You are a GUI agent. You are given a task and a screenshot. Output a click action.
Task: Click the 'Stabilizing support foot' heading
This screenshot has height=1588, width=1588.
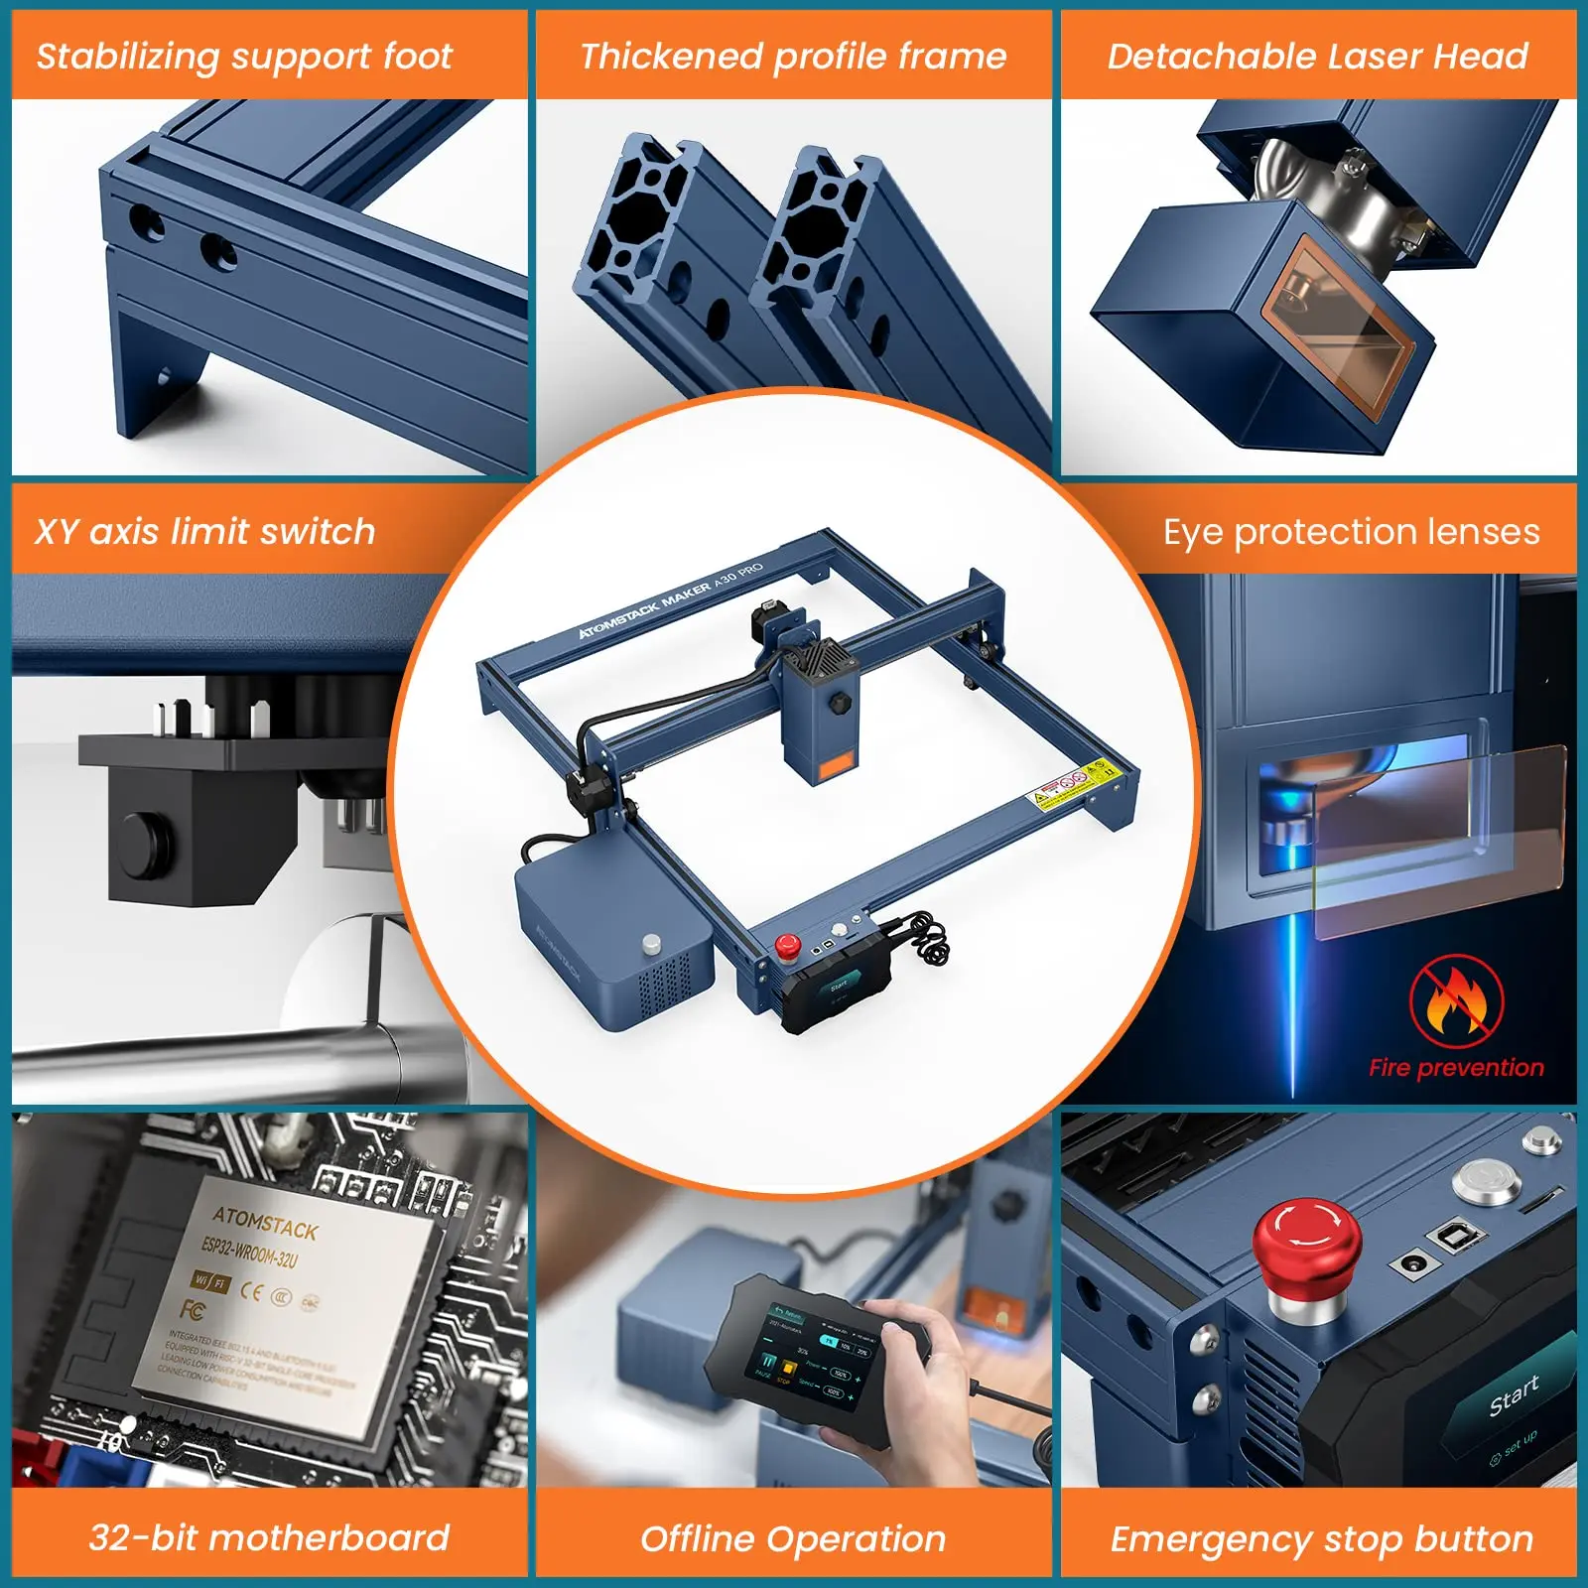click(244, 57)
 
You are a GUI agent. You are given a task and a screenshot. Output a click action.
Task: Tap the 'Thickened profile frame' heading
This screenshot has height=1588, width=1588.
click(793, 57)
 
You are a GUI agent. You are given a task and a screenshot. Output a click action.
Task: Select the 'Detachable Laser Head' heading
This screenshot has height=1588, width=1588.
click(1318, 57)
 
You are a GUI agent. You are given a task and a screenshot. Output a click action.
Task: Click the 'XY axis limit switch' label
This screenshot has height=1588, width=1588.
click(205, 532)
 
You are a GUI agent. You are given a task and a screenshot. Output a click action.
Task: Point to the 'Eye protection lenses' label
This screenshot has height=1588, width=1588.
click(1351, 532)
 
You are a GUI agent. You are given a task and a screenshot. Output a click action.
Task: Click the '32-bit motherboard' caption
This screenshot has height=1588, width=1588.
click(269, 1537)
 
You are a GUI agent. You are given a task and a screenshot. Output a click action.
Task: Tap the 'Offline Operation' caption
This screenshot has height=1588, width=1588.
click(793, 1538)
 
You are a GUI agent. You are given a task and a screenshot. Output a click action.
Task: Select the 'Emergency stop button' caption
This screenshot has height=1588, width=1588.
click(1322, 1538)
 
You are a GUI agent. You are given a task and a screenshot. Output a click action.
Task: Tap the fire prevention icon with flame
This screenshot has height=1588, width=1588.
click(1456, 1002)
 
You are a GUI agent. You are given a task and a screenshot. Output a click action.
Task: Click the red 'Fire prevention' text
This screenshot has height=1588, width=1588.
click(1456, 1068)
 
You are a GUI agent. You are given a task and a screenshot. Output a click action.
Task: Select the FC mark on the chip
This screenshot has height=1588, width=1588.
click(194, 1311)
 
